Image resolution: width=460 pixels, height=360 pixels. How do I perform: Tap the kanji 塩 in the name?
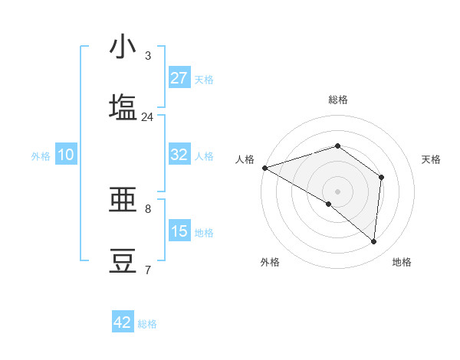tap(123, 107)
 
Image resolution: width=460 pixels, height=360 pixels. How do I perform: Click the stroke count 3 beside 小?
tap(148, 56)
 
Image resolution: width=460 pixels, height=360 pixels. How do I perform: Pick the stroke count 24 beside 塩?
tap(147, 116)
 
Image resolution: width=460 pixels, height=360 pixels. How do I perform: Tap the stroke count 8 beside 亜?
tap(148, 208)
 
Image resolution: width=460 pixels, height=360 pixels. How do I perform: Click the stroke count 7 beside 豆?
tap(148, 270)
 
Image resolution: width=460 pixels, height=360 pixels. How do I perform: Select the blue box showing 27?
tap(179, 78)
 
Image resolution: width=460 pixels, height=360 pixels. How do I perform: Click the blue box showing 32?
tap(179, 155)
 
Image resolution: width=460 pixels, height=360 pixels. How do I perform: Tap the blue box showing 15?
tap(179, 231)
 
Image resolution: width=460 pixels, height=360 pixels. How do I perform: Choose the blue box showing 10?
tap(66, 155)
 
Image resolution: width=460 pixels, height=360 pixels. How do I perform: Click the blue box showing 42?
tap(123, 322)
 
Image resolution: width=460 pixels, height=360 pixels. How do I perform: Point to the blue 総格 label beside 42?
tap(147, 324)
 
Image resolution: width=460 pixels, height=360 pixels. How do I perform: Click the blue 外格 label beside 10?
tap(41, 156)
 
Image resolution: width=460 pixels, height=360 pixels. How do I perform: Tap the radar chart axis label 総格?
tap(337, 100)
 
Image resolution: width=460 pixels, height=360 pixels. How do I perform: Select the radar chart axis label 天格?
tap(432, 159)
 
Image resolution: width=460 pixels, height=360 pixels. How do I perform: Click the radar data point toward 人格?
tap(264, 168)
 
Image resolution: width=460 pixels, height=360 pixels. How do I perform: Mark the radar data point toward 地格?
tap(373, 241)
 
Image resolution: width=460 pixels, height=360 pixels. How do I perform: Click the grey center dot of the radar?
tap(337, 191)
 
